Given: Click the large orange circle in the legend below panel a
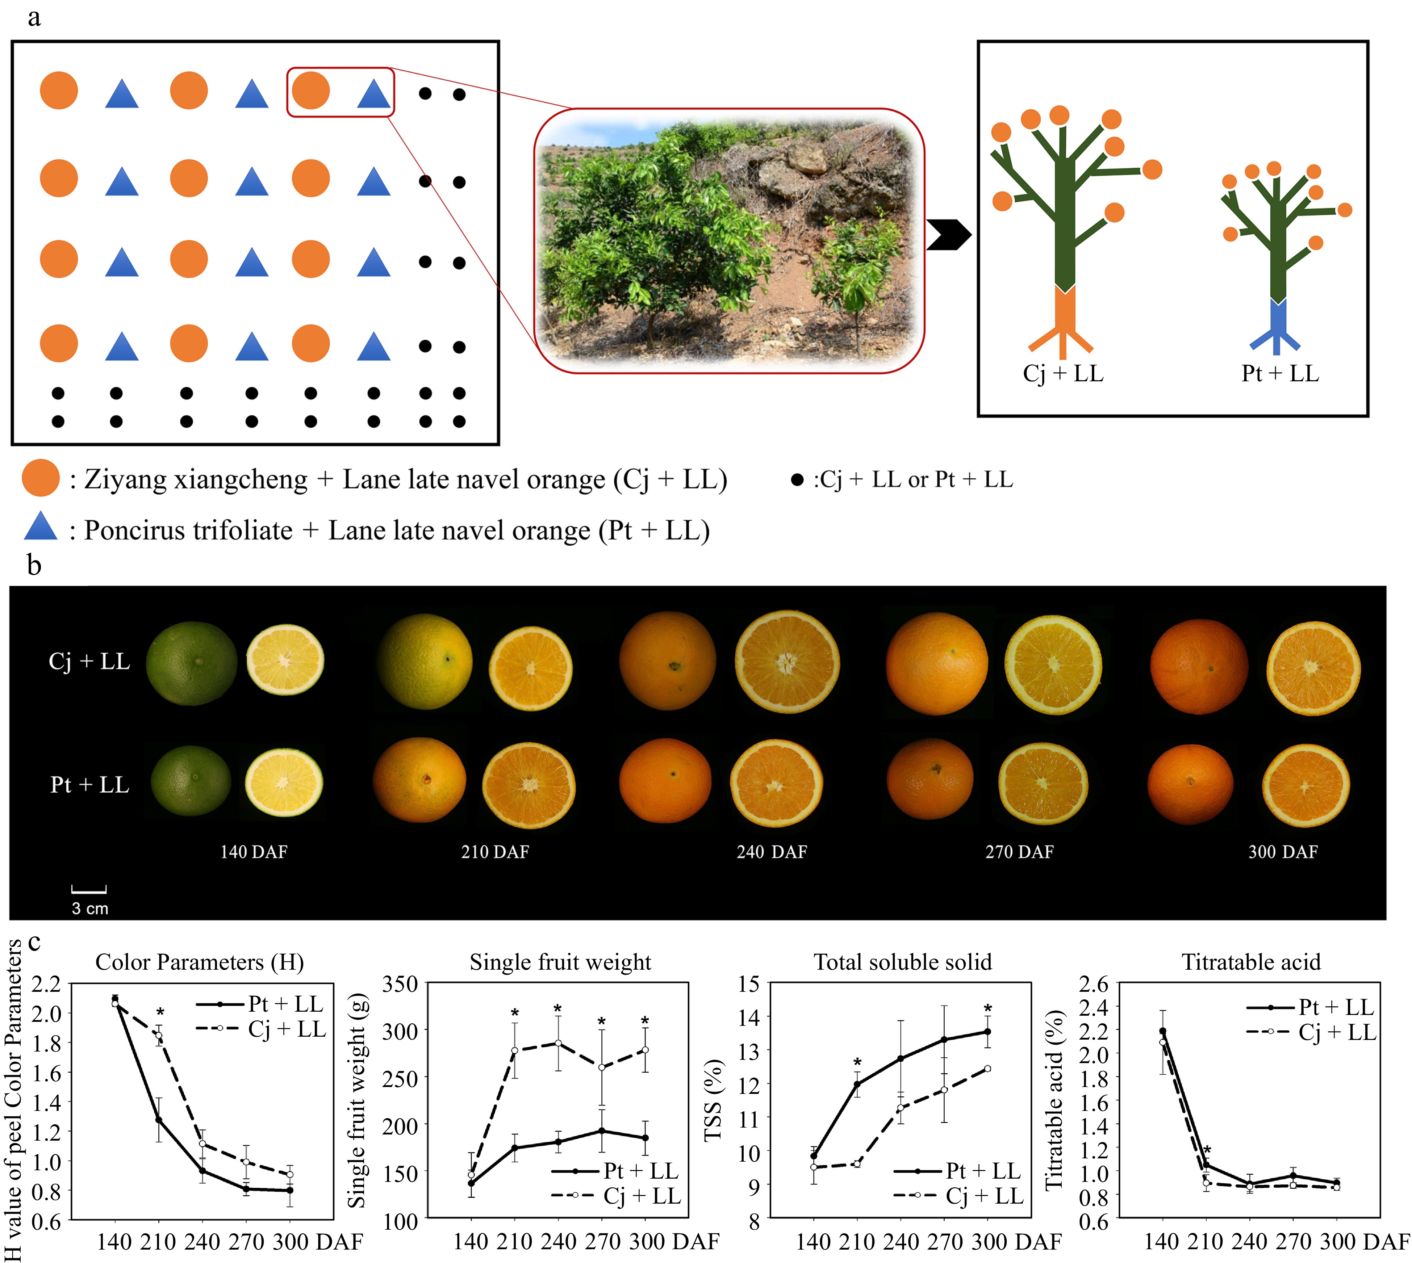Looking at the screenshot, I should pyautogui.click(x=40, y=478).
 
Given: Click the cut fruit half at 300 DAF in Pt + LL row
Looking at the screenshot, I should pyautogui.click(x=1305, y=785).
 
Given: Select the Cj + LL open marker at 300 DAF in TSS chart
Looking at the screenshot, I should pyautogui.click(x=987, y=1069).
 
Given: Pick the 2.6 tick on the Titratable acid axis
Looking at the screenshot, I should pyautogui.click(x=1093, y=984).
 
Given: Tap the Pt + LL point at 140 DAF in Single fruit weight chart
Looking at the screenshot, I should pyautogui.click(x=471, y=1183).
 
